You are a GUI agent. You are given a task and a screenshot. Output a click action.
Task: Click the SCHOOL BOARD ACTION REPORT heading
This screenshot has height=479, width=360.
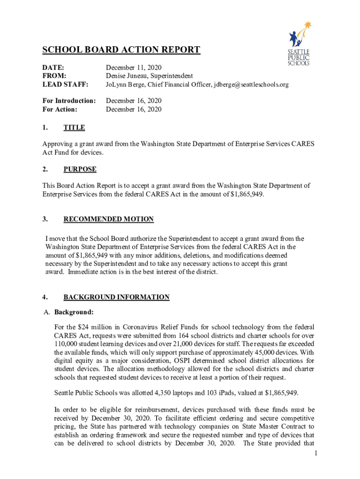point(122,50)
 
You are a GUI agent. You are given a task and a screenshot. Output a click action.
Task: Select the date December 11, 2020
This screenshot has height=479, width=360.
point(134,68)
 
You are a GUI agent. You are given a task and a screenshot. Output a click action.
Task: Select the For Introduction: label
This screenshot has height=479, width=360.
point(69,101)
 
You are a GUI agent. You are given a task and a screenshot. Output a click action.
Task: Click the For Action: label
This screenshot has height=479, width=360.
point(60,109)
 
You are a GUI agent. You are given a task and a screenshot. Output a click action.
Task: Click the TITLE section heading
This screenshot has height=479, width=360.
point(74,127)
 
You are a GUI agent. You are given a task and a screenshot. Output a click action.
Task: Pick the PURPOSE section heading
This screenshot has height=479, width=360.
point(80,169)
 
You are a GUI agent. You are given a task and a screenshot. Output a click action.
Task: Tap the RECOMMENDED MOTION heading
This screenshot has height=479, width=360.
point(108,219)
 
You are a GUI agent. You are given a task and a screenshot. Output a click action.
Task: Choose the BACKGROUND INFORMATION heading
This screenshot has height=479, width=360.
point(116,297)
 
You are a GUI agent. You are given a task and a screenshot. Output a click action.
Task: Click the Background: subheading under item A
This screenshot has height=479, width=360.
point(74,312)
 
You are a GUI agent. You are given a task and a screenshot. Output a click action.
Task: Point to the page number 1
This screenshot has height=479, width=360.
point(316,453)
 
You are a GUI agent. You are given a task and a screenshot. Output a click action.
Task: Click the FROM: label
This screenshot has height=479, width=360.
point(54,76)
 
